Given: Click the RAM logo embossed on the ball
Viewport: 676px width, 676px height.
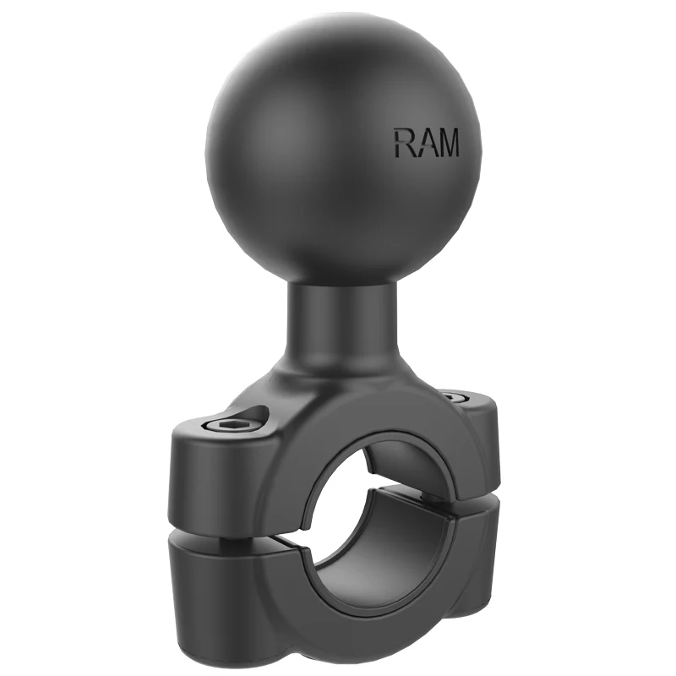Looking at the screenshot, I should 426,142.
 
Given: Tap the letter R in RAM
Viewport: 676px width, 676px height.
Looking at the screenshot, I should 404,142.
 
